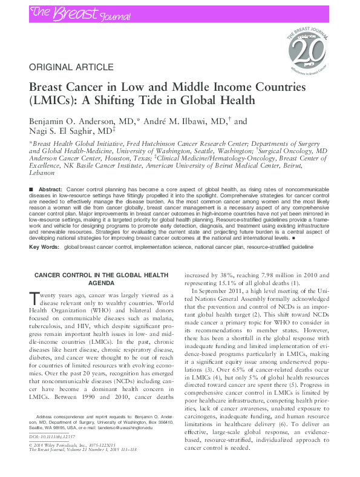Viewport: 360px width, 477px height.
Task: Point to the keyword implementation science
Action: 160,248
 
